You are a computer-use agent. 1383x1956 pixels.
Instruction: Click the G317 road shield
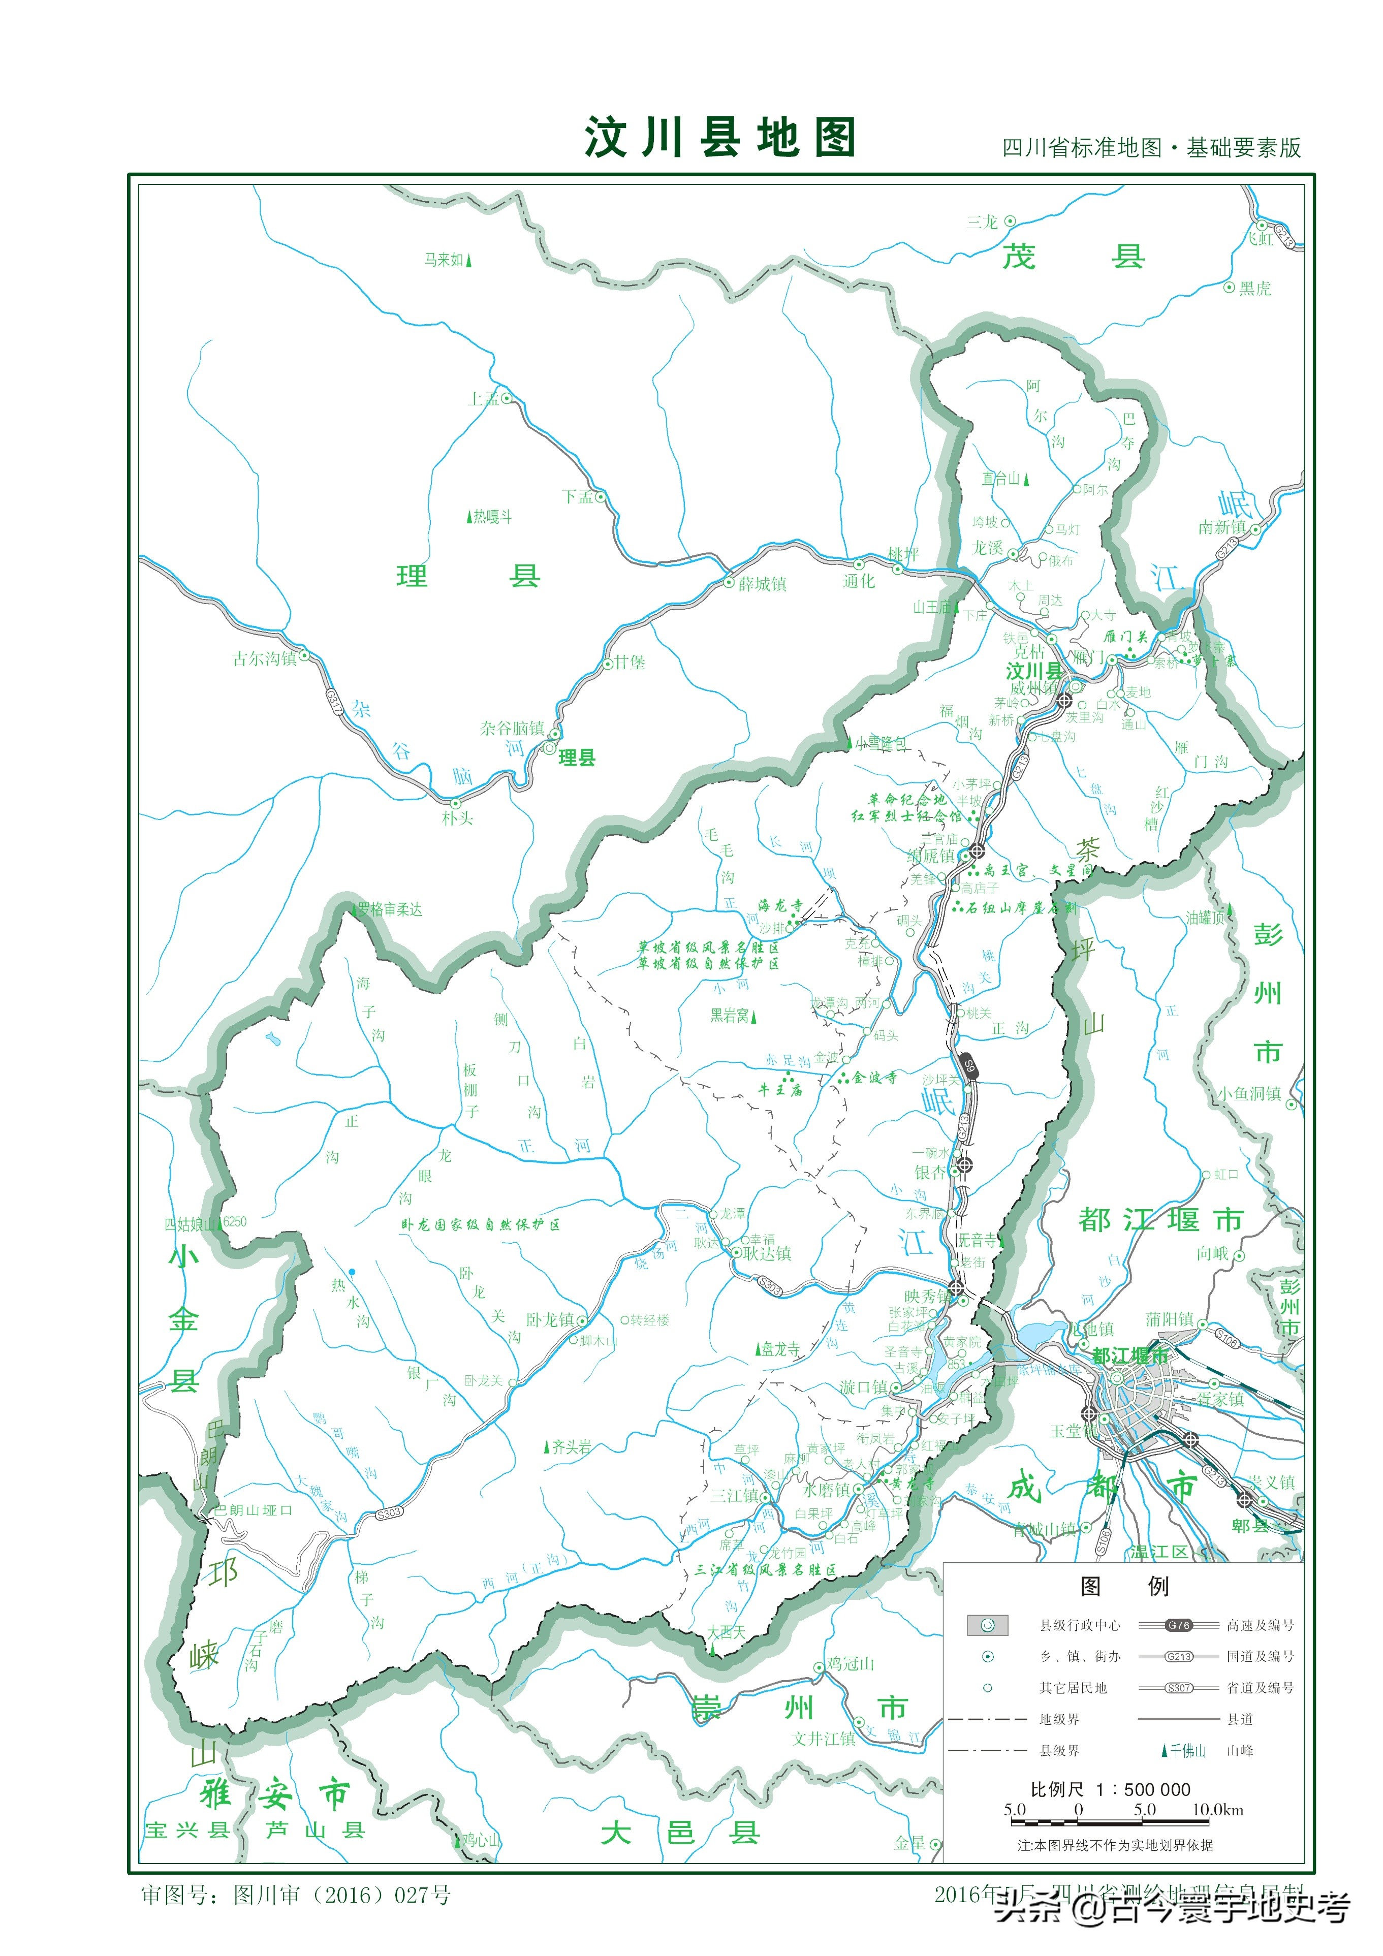(334, 701)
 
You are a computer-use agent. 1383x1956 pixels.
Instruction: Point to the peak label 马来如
(444, 260)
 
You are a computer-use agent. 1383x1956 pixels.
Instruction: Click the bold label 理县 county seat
(576, 758)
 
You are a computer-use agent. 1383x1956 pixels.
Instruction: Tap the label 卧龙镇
(550, 1319)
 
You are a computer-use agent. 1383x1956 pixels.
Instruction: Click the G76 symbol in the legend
(1178, 1625)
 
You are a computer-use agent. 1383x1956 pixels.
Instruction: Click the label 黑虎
(1254, 288)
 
